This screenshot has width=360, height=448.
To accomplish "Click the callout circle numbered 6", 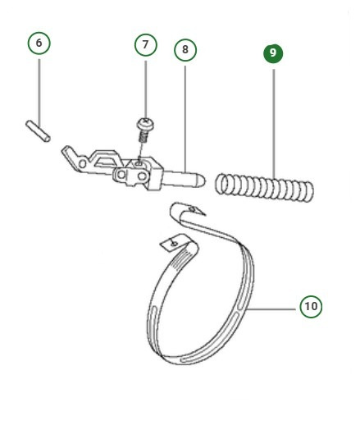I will click(39, 43).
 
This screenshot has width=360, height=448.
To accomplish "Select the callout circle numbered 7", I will click(145, 44).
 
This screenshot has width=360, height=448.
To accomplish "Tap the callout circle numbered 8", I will click(185, 49).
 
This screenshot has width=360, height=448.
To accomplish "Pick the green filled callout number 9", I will click(273, 53).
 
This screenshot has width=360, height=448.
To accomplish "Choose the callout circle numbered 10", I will click(310, 307).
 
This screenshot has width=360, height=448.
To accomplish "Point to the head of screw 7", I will click(144, 123).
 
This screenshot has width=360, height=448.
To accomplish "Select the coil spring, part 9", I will click(264, 187).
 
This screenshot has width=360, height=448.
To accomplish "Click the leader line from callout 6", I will click(39, 86).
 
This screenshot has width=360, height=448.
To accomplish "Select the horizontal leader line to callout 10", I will click(274, 308).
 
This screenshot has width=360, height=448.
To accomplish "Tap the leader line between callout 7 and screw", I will click(145, 86).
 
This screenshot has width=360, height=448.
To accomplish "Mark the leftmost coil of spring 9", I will click(221, 184).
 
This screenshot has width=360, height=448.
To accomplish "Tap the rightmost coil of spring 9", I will click(308, 191).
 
